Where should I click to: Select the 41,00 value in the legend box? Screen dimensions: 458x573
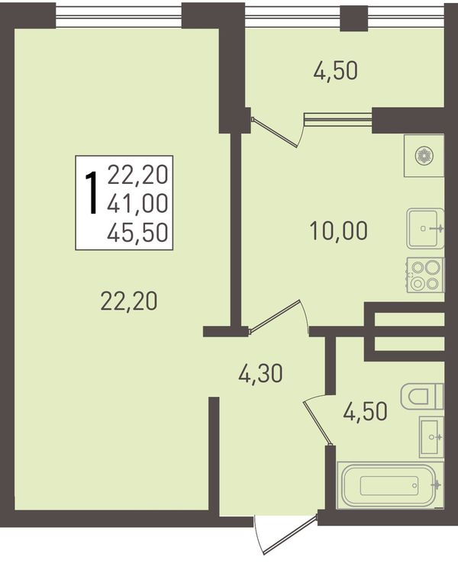pos(137,203)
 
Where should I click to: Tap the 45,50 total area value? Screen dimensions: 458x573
pos(137,232)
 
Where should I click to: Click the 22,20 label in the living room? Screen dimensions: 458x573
pos(129,301)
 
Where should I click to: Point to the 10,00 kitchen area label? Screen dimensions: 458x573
pos(338,231)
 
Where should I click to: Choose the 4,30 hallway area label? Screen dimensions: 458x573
pos(260,374)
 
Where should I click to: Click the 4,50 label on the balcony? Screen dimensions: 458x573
pos(335,71)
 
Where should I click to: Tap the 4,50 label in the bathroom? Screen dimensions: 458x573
pos(365,411)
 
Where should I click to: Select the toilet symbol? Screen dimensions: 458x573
pos(422,396)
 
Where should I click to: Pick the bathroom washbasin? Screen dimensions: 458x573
pos(431,436)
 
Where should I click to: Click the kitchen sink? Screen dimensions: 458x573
pos(425,229)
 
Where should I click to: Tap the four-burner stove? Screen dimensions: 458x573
pos(425,275)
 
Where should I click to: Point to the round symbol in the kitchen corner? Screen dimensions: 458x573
pos(424,156)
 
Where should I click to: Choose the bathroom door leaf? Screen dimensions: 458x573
pos(318,421)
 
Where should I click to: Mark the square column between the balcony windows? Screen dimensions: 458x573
pos(354,18)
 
